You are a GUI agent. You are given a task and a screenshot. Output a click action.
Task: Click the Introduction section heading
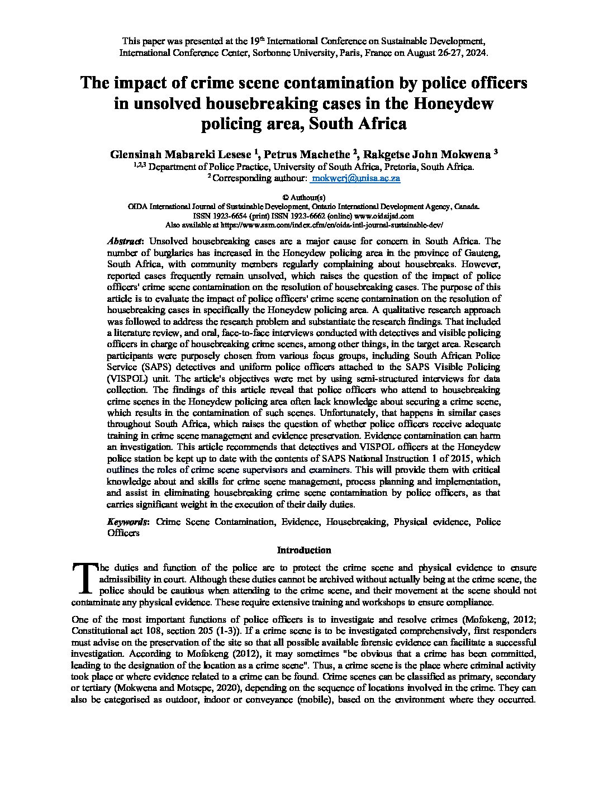point(304,550)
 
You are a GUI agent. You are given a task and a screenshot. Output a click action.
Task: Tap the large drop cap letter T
point(84,578)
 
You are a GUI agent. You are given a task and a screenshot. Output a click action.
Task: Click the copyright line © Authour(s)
point(304,197)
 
